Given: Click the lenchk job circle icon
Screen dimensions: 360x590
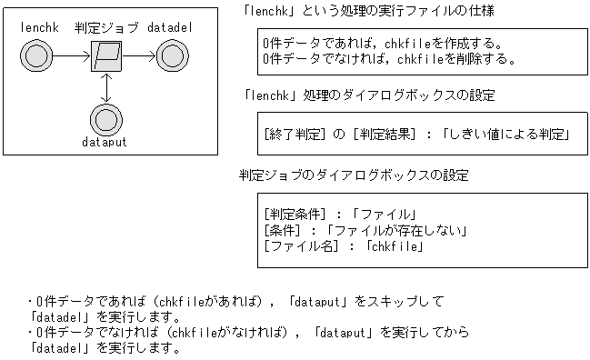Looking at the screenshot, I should [37, 58].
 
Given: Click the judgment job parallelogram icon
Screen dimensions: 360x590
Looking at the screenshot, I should [106, 58].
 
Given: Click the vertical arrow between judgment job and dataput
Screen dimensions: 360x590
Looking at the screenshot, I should [106, 88].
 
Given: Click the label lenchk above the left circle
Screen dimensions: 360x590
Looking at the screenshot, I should [37, 29].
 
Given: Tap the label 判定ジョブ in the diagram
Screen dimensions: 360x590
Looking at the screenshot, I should [105, 29].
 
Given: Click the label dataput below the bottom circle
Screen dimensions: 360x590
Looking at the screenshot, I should [106, 143].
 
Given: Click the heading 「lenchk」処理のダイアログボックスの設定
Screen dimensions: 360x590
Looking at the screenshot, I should [367, 95].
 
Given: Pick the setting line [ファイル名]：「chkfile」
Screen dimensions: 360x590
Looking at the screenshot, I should [344, 245].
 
